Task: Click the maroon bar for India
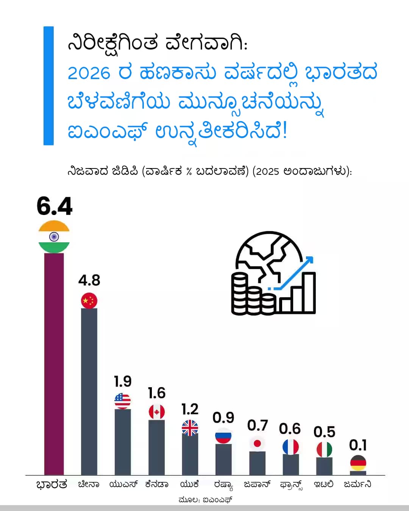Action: [x=54, y=363]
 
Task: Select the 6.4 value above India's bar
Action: [x=55, y=206]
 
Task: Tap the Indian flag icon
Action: [x=54, y=237]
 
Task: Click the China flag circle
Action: [x=89, y=301]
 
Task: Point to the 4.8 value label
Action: [x=89, y=280]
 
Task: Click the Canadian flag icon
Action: [x=156, y=412]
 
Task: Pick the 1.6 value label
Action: [x=156, y=393]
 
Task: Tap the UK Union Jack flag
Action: [x=190, y=428]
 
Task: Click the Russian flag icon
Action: [x=223, y=436]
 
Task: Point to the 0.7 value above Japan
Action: [x=258, y=425]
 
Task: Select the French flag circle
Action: [x=290, y=447]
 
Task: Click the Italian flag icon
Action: [x=324, y=450]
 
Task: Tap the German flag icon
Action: [x=358, y=463]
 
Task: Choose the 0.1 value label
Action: [x=358, y=445]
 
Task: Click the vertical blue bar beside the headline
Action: [x=48, y=86]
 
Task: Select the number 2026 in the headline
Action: [x=89, y=73]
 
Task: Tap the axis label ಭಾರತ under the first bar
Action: [x=52, y=485]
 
